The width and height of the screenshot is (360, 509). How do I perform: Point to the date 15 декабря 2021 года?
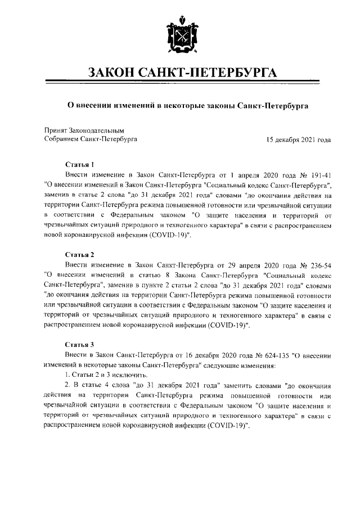pos(299,139)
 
